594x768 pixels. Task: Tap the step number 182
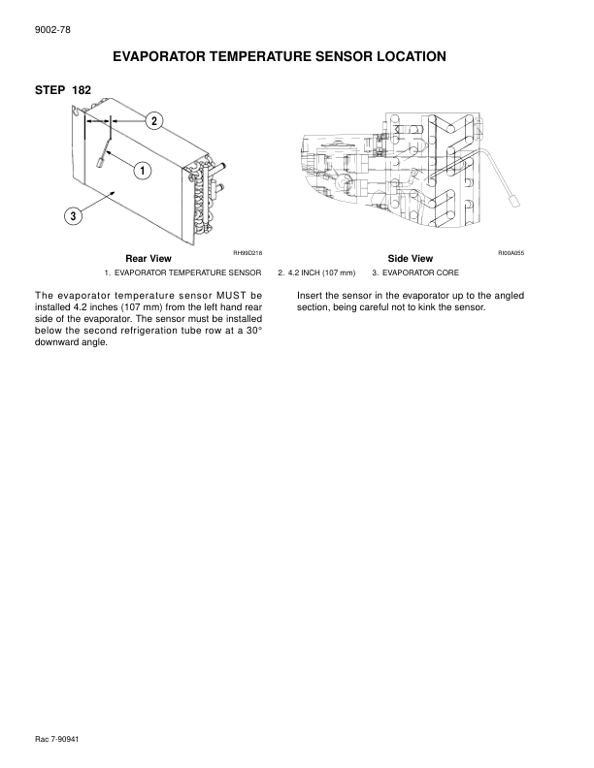click(x=82, y=90)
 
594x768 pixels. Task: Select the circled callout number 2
click(x=153, y=120)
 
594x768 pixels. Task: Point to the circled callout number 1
click(x=142, y=171)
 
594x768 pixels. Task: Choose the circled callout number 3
click(x=73, y=215)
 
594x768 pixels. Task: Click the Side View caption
click(x=410, y=259)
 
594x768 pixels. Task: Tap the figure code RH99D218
click(x=248, y=252)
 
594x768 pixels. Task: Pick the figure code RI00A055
click(x=511, y=252)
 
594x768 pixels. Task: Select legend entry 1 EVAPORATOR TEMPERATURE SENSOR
click(x=183, y=273)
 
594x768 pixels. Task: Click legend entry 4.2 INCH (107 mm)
click(x=317, y=273)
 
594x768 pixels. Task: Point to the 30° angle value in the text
click(x=252, y=331)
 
